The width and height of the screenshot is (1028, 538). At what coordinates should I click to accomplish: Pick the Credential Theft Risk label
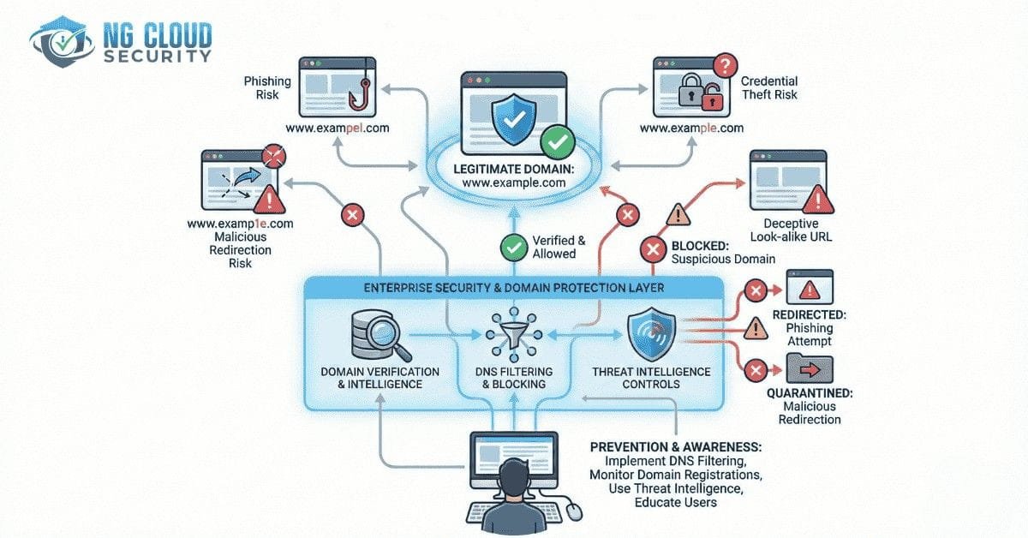pos(768,87)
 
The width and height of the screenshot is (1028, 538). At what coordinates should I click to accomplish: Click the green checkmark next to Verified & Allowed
pos(513,248)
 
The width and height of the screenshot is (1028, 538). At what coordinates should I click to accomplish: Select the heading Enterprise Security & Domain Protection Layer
pos(514,287)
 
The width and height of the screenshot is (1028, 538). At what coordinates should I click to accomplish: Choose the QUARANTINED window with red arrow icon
pos(809,369)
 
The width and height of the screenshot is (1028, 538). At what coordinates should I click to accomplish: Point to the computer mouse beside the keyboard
pos(573,511)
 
